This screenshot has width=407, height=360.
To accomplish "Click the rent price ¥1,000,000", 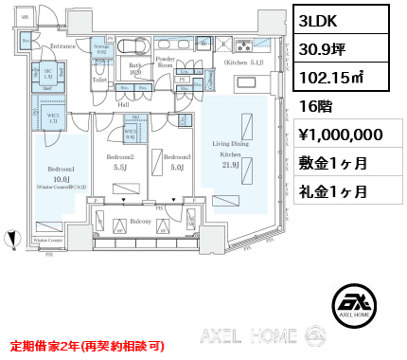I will [x=339, y=134].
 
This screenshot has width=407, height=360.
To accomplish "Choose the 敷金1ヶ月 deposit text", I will [x=334, y=162].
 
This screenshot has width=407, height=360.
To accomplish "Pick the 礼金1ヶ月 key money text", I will [x=334, y=190].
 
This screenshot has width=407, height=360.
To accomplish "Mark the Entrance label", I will [x=63, y=45].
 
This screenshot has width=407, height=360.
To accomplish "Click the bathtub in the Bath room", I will [x=138, y=46].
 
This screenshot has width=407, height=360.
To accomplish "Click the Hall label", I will [x=123, y=104].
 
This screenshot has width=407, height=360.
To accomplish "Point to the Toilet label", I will [x=100, y=80].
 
